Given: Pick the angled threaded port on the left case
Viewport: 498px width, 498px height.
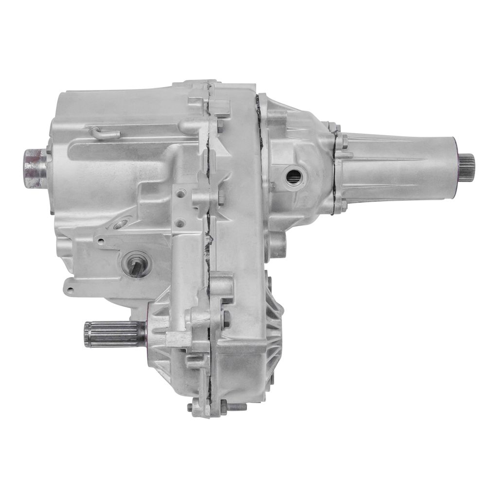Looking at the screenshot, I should pyautogui.click(x=119, y=224).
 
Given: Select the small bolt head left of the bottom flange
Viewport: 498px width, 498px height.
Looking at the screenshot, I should pyautogui.click(x=190, y=406).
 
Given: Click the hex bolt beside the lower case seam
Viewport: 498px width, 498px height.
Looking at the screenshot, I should pyautogui.click(x=226, y=319).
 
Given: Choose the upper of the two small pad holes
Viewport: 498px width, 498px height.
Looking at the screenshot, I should pyautogui.click(x=181, y=194).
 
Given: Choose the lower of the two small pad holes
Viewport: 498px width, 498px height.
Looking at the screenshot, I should pyautogui.click(x=180, y=223).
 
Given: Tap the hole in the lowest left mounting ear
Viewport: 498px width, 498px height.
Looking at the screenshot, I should pyautogui.click(x=70, y=291).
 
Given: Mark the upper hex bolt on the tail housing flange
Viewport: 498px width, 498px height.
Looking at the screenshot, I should pyautogui.click(x=344, y=142).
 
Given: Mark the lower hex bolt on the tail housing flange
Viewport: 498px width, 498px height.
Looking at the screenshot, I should pyautogui.click(x=343, y=205).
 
